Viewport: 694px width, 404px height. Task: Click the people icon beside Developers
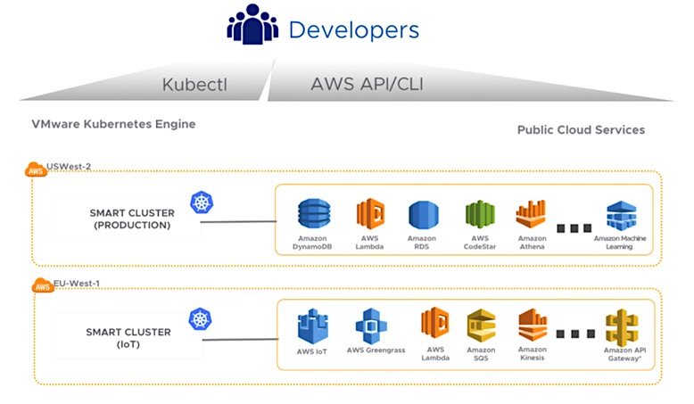pyautogui.click(x=252, y=28)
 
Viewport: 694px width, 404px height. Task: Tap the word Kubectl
pyautogui.click(x=196, y=86)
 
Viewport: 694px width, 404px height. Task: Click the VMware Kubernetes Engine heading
pyautogui.click(x=113, y=124)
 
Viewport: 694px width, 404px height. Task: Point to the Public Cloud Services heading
pyautogui.click(x=581, y=130)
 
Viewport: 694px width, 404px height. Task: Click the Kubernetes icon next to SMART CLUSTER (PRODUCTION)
pyautogui.click(x=202, y=203)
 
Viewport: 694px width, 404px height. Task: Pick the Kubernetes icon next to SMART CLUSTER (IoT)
pyautogui.click(x=200, y=319)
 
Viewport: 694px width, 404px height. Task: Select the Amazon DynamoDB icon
pyautogui.click(x=312, y=214)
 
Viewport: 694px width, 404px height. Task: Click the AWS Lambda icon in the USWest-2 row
pyautogui.click(x=370, y=214)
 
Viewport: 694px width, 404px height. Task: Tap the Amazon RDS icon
pyautogui.click(x=423, y=215)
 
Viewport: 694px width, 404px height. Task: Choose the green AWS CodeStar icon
pyautogui.click(x=479, y=215)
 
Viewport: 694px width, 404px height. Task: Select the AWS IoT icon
pyautogui.click(x=313, y=326)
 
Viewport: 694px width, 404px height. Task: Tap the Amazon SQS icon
pyautogui.click(x=480, y=326)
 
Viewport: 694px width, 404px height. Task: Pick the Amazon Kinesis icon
pyautogui.click(x=533, y=326)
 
